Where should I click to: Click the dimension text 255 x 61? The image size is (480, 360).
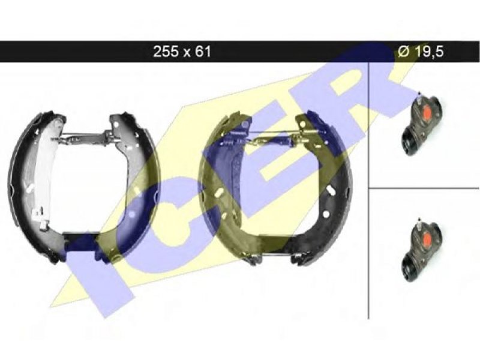[x=182, y=52]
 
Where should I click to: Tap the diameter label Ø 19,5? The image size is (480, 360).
[x=421, y=52]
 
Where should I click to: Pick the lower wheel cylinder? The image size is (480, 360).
[x=421, y=250]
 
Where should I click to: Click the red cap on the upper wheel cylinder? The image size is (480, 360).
[x=427, y=113]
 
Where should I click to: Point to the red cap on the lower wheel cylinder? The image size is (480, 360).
[x=427, y=239]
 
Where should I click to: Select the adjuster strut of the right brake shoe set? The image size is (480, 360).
[x=269, y=139]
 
